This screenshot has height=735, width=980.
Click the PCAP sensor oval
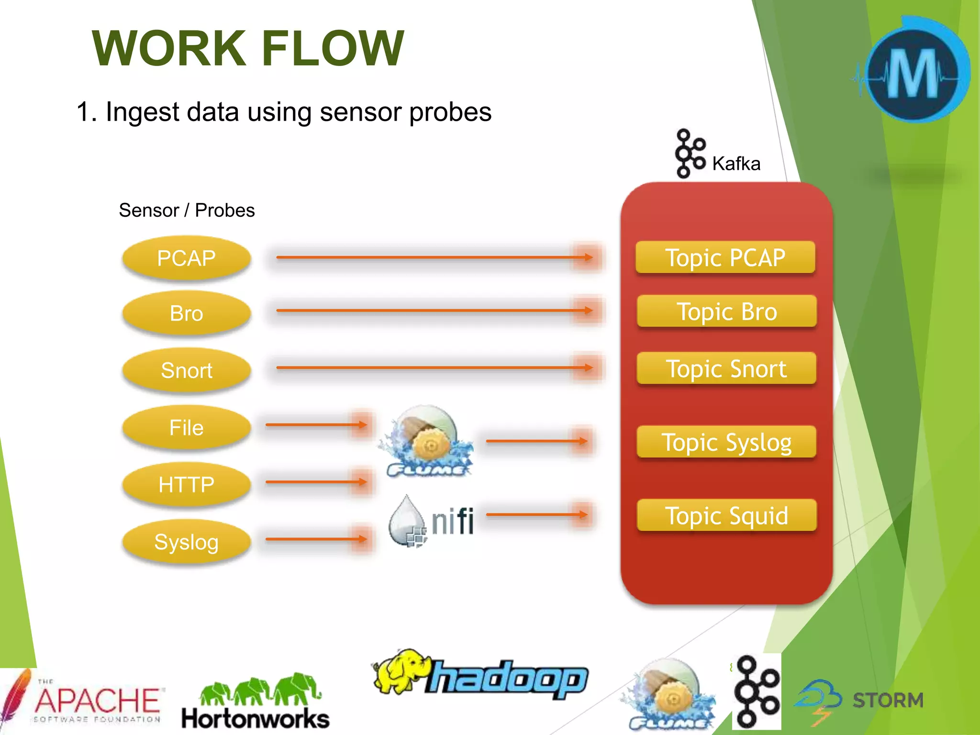(187, 258)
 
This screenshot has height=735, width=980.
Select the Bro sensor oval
(187, 313)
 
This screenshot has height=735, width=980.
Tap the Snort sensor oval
(187, 370)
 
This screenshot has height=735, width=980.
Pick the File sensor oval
(187, 428)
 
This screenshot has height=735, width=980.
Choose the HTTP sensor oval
(187, 485)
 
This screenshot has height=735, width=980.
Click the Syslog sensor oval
(187, 542)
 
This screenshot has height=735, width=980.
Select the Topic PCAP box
(725, 258)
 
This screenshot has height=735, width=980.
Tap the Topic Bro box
(726, 312)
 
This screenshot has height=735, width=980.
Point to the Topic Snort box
(726, 368)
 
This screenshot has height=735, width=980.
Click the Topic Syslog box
(726, 442)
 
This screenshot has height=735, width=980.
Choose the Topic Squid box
(726, 516)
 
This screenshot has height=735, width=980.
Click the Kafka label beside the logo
(736, 164)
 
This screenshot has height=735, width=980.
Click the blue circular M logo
(914, 72)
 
